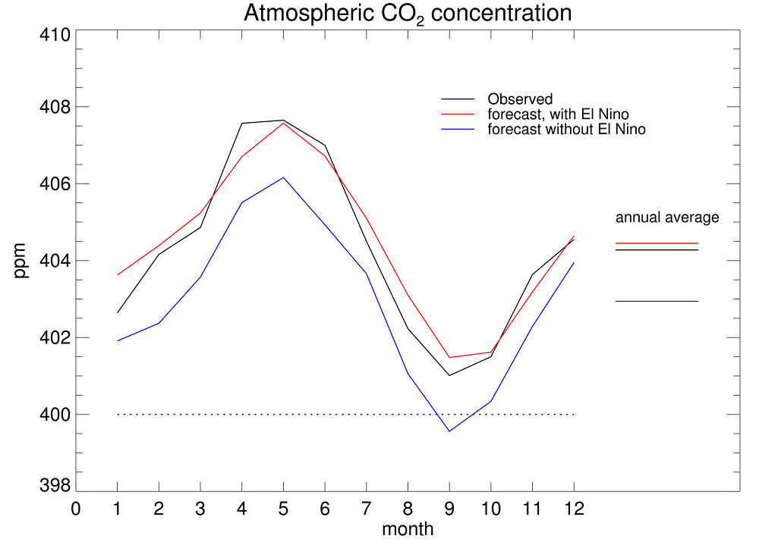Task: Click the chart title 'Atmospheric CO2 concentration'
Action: (407, 14)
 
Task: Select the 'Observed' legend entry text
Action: (520, 99)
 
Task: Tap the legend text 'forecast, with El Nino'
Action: (558, 114)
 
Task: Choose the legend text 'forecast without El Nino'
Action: (566, 130)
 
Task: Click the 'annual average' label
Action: (667, 218)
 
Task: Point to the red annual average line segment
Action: (657, 243)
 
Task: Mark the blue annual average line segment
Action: (657, 302)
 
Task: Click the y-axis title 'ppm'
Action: (20, 260)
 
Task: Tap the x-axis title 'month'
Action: (408, 529)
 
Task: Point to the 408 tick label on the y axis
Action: (56, 108)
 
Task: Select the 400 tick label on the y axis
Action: (56, 415)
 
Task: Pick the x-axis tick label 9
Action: (449, 509)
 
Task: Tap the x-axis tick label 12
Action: (573, 509)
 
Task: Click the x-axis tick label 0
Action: (76, 509)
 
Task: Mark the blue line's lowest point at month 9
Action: (449, 431)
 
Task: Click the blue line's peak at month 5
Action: (283, 177)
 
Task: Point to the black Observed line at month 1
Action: (118, 313)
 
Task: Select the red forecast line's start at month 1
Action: (118, 275)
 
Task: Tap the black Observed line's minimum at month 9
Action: (449, 375)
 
